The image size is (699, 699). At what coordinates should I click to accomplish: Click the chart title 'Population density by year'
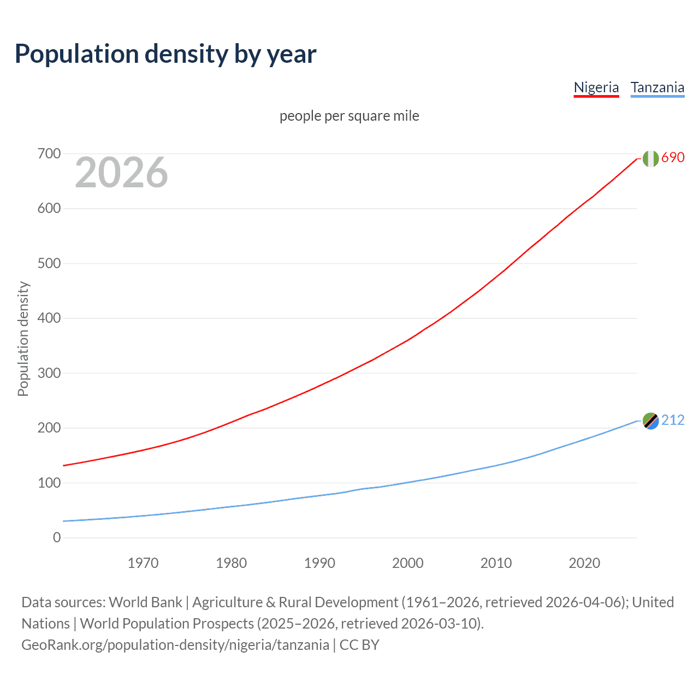click(165, 54)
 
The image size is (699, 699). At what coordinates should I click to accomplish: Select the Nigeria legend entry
click(596, 87)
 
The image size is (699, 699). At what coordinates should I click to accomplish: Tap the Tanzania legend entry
click(657, 87)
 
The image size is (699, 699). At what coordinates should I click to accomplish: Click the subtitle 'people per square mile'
click(349, 116)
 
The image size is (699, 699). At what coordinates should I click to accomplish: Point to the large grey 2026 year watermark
click(121, 173)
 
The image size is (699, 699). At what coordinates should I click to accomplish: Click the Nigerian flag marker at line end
click(650, 158)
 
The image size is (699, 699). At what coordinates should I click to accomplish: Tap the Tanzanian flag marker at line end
click(650, 421)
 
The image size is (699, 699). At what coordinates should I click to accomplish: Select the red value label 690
click(673, 157)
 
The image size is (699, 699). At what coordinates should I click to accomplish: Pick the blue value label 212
click(673, 420)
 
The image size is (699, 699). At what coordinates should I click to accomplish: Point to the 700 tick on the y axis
click(49, 153)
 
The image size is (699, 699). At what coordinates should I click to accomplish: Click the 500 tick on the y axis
click(49, 263)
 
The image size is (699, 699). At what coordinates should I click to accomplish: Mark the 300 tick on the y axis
click(49, 373)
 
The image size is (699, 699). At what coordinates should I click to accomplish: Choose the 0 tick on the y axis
click(57, 537)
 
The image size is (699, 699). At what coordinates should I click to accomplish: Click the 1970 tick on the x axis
click(143, 563)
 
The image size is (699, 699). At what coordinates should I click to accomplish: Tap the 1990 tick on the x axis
click(319, 563)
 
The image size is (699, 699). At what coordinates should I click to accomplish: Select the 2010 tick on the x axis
click(496, 563)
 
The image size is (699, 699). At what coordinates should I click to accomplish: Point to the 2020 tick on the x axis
click(584, 563)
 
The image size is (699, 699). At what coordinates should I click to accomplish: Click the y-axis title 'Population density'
click(23, 339)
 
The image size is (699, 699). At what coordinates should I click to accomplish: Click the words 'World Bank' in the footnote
click(145, 602)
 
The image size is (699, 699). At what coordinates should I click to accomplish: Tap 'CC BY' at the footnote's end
click(359, 645)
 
